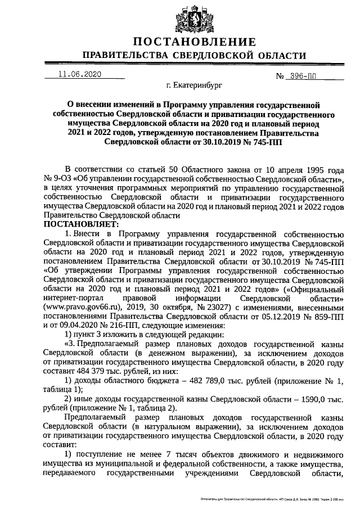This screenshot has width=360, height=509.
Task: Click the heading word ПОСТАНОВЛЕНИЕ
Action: click(195, 42)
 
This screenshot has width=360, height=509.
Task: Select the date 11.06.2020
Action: click(79, 74)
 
